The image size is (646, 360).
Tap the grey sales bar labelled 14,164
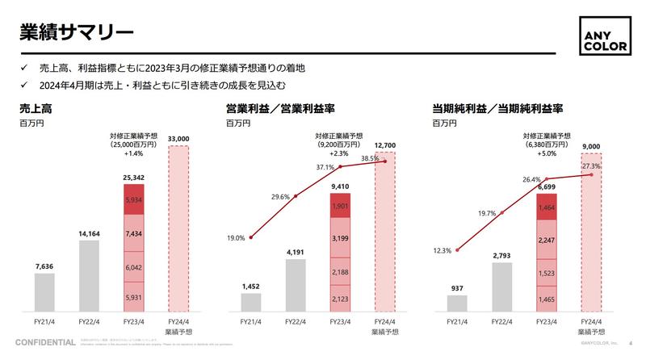89,275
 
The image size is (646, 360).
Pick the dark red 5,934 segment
134,199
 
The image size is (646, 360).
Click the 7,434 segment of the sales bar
134,232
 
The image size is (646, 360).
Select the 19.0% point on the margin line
251,237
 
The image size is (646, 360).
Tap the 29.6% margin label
280,196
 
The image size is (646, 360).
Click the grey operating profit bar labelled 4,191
296,285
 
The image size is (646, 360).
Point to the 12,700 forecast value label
385,144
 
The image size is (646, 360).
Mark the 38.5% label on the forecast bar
369,159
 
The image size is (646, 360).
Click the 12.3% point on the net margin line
457,250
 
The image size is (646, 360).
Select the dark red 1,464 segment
547,207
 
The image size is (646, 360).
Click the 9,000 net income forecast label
591,146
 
